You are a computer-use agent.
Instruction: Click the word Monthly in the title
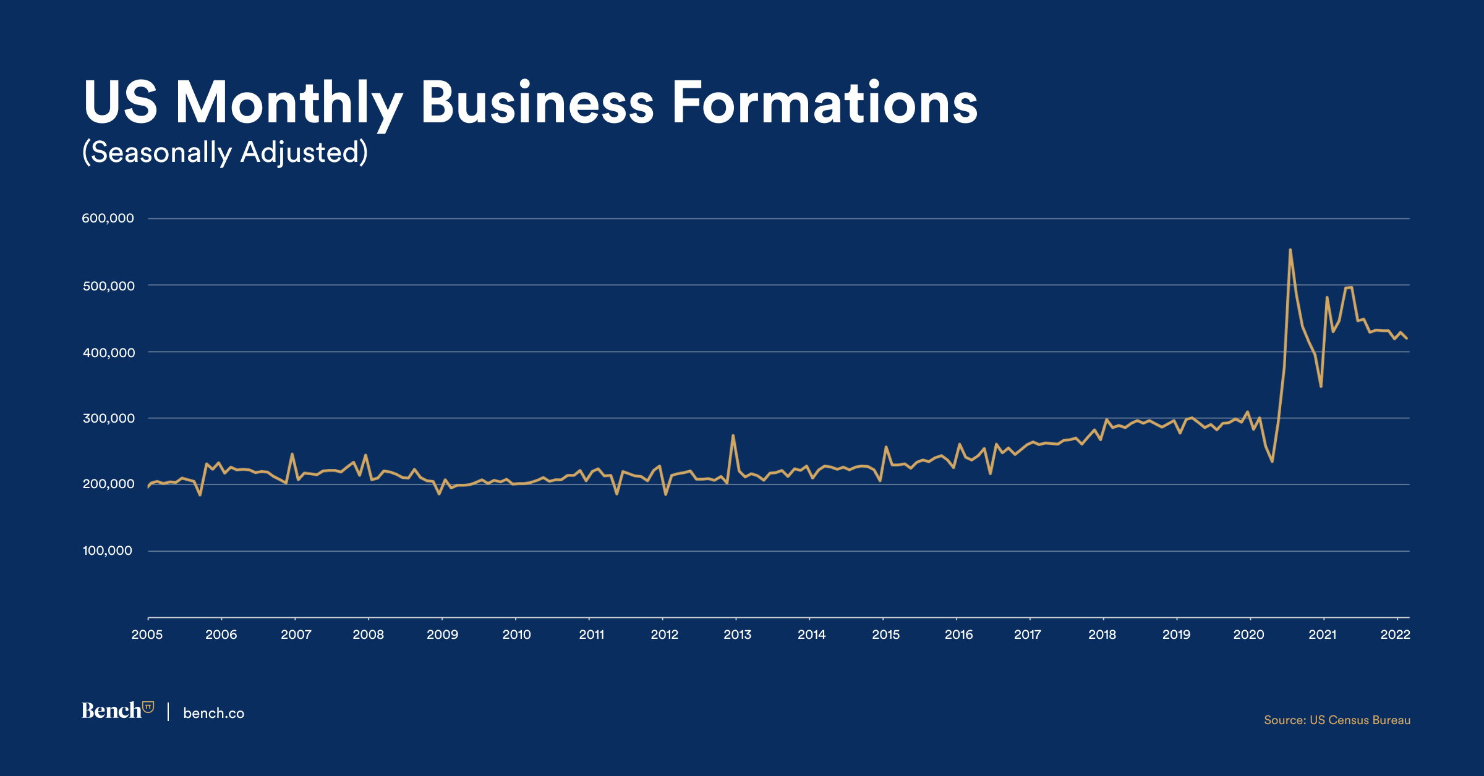(289, 104)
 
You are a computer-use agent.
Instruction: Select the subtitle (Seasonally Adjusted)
(225, 152)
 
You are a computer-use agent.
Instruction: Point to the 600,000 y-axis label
(108, 218)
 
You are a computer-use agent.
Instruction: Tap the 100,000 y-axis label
(108, 550)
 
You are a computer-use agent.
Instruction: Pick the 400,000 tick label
(108, 352)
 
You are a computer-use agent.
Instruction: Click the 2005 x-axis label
(147, 635)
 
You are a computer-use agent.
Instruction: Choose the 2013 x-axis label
(737, 635)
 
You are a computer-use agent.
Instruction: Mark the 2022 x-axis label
(1395, 635)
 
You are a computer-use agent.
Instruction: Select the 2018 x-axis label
(1102, 635)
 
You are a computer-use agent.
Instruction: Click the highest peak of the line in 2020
(1290, 250)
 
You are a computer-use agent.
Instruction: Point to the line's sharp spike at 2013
(733, 436)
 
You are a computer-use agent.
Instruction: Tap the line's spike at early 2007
(292, 454)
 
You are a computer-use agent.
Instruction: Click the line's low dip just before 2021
(1321, 386)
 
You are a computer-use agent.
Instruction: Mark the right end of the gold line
(1407, 338)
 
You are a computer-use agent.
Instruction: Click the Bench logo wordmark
(112, 711)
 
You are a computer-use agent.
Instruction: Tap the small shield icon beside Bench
(148, 707)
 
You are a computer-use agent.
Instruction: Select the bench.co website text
(214, 713)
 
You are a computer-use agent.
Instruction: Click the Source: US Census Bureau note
(1337, 720)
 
